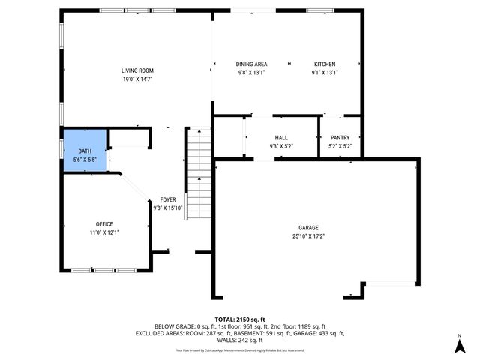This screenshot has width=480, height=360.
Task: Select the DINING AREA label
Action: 252,64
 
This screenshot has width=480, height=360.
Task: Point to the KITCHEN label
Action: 325,64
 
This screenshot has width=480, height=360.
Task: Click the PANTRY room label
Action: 340,138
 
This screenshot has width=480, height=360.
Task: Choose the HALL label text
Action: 281,138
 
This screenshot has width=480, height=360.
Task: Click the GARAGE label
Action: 308,228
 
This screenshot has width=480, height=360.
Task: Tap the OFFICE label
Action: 103,224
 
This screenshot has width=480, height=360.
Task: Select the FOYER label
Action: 168,199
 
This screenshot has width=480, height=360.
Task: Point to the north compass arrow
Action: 458,344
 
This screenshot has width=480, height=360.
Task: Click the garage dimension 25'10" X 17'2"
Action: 308,236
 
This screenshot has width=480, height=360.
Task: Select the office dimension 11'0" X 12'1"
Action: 103,232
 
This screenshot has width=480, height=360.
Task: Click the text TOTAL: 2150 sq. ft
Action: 240,319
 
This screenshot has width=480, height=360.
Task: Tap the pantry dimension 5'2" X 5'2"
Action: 340,146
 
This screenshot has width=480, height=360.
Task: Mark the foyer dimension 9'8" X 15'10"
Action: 168,208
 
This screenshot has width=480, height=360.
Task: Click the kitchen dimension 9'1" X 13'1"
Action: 325,73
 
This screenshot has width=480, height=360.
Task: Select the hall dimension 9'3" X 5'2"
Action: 281,146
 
